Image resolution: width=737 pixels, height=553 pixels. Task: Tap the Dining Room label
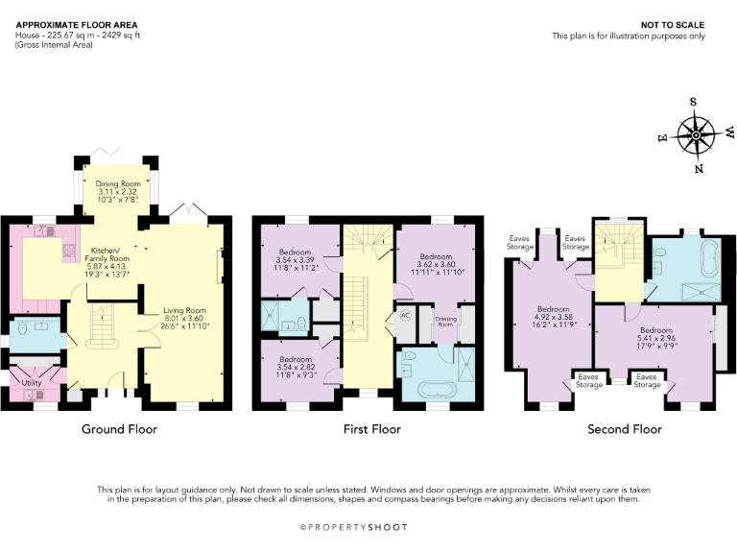point(117,182)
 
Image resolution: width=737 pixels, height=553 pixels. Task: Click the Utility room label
point(30,382)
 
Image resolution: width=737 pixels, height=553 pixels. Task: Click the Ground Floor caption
point(119,429)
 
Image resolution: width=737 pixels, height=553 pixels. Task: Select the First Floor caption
point(371,429)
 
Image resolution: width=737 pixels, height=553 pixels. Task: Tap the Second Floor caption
point(625,429)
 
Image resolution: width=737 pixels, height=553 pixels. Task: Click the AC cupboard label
point(404,314)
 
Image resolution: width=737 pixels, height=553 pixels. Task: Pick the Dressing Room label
point(445,321)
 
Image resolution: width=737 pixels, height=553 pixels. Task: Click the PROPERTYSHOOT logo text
point(369,527)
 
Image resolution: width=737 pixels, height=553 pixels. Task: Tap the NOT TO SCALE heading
point(677,25)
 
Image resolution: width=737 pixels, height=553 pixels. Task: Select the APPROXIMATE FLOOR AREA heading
point(76,24)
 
